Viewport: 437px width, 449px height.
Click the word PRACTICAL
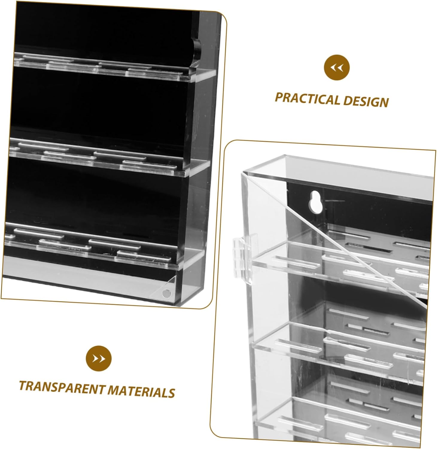[307, 99]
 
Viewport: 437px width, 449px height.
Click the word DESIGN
[366, 101]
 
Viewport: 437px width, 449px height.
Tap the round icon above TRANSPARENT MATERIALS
[98, 358]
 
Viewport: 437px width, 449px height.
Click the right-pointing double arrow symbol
[98, 358]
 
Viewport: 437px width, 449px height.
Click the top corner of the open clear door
[243, 173]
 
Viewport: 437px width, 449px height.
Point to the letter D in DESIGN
[348, 101]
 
